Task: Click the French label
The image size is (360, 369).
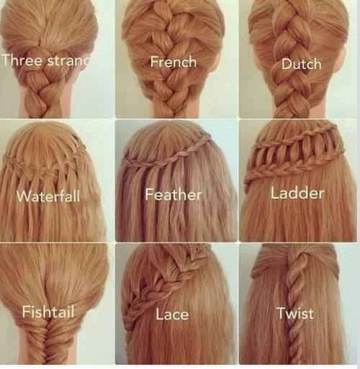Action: coord(174,62)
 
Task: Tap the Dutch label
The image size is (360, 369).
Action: coord(301,64)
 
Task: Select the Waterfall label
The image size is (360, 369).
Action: coord(48,196)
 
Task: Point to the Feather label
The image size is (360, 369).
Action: coord(174,194)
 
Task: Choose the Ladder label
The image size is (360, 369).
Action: coord(297,193)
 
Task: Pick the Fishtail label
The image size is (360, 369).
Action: coord(48,312)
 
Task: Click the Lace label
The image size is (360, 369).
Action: coord(172,314)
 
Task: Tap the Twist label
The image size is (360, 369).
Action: coord(295,313)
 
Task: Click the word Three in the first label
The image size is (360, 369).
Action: coord(22,60)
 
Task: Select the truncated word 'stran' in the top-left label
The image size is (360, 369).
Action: coord(69,61)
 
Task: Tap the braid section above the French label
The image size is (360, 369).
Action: coord(173,27)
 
